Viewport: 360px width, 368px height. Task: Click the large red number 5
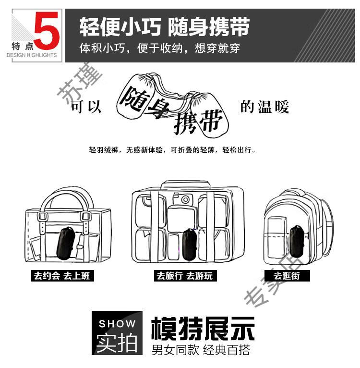[47, 31]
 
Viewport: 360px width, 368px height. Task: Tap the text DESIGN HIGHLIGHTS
[32, 55]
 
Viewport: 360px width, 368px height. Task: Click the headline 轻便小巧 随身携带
[165, 26]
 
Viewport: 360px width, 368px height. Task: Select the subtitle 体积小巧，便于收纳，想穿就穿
[159, 48]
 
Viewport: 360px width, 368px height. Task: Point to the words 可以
[86, 107]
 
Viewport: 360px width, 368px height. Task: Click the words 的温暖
[264, 107]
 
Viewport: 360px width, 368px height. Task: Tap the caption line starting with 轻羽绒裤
[172, 150]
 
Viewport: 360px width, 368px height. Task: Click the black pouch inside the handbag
[66, 243]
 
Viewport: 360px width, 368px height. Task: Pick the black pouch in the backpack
[297, 242]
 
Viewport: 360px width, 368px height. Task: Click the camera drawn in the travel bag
[182, 199]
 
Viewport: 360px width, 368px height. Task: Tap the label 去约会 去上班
[62, 276]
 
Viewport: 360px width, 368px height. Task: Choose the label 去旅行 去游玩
[185, 276]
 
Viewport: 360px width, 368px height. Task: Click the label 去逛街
[287, 276]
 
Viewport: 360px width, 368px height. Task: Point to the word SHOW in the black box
[117, 324]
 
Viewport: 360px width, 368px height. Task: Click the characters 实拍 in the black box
[117, 343]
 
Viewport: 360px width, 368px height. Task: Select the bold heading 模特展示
[203, 329]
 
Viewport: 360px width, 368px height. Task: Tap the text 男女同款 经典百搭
[201, 350]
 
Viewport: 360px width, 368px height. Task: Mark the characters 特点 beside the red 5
[23, 46]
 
